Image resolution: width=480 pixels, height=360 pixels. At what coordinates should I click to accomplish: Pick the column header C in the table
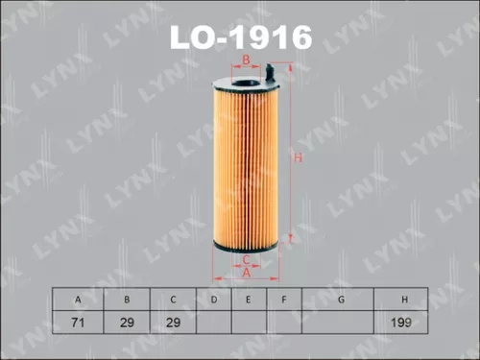point(172,300)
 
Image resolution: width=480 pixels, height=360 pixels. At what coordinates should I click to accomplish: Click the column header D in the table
point(212,300)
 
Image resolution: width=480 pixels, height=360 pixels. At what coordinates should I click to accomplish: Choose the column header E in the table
point(248,300)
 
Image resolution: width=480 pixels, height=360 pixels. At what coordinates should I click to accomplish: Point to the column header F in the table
point(283,300)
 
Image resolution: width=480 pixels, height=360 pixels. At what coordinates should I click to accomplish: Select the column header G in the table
point(340,300)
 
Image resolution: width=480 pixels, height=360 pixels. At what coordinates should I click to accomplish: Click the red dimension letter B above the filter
point(246,60)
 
